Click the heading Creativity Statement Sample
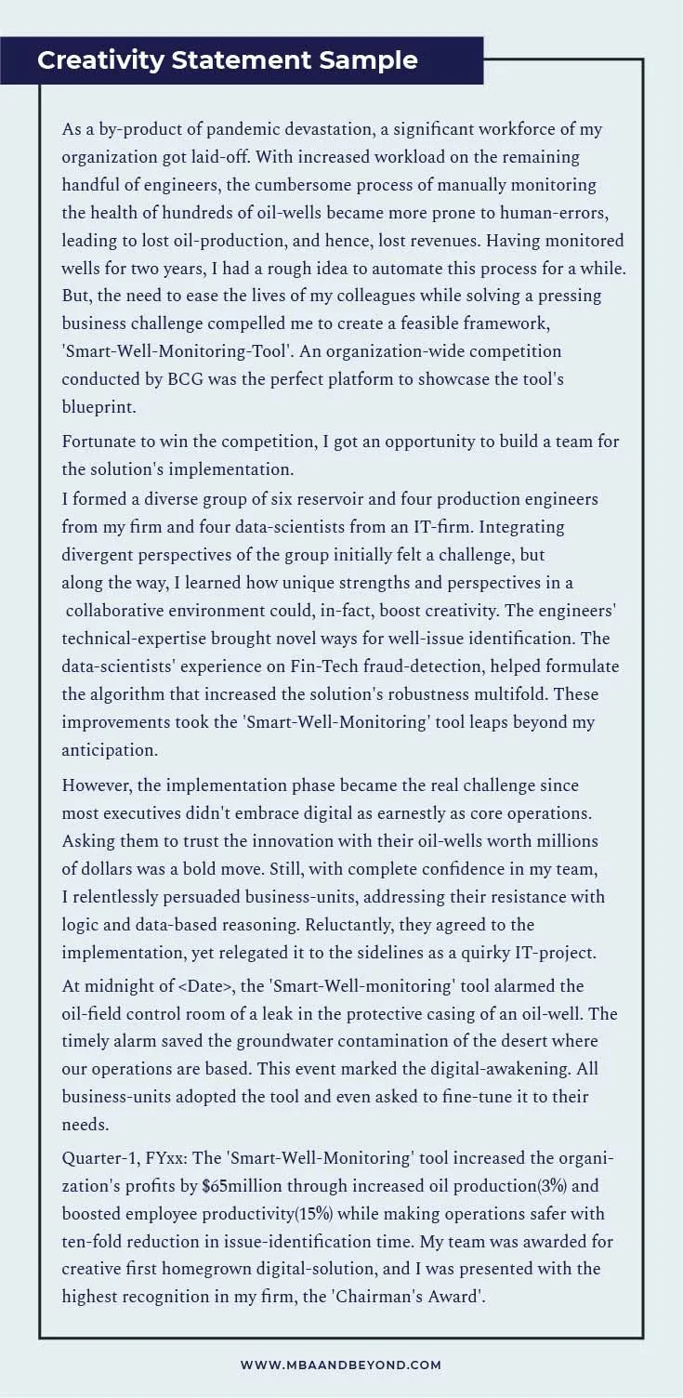coord(228,60)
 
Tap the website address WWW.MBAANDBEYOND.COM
coord(341,1365)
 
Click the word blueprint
coord(99,408)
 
